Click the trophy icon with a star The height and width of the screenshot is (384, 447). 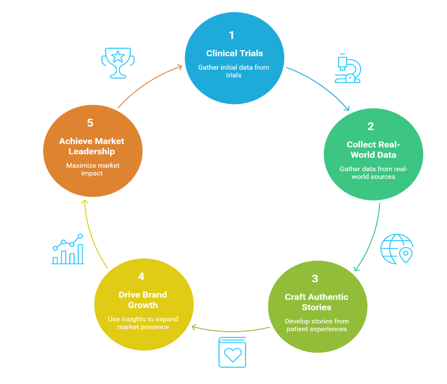click(118, 63)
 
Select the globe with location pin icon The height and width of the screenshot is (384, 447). click(396, 249)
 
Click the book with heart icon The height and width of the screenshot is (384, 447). click(232, 352)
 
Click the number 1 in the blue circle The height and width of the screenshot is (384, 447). click(231, 35)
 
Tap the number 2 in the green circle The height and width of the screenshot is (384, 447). click(370, 126)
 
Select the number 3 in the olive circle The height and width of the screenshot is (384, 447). click(315, 278)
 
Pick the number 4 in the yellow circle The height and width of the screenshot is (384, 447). click(141, 277)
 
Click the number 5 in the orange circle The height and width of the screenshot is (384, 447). click(90, 123)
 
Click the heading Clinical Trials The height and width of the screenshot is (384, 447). click(234, 53)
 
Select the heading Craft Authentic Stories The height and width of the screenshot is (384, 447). click(316, 302)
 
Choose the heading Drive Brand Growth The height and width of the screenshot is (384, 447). click(143, 300)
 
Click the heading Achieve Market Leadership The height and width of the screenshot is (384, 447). click(92, 146)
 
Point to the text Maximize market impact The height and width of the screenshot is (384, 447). click(93, 169)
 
